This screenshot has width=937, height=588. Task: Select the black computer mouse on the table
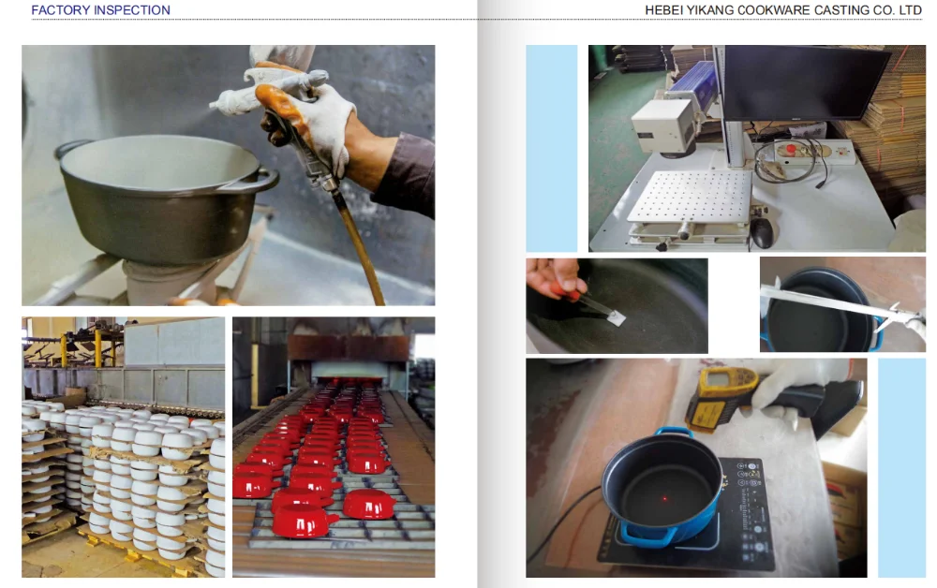(x=762, y=232)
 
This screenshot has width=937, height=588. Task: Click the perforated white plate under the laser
(x=689, y=197)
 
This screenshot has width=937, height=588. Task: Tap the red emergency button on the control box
(x=791, y=149)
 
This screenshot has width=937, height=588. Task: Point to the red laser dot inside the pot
(x=664, y=498)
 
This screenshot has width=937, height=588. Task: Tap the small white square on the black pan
(x=617, y=317)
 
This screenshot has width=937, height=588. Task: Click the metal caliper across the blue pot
(x=843, y=304)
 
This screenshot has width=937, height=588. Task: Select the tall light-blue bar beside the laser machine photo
(x=552, y=148)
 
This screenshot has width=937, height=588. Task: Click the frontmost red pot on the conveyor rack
(x=305, y=520)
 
